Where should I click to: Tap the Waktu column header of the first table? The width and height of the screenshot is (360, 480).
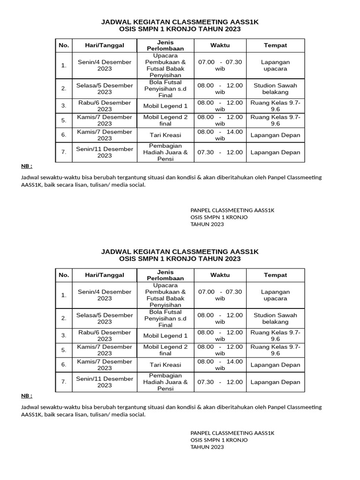220,45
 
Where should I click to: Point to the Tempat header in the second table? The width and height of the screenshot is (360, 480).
275,275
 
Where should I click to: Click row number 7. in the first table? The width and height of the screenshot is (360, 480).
63,152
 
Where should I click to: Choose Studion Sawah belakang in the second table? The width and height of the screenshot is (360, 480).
275,319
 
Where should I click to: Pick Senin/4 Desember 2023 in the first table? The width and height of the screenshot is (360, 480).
105,65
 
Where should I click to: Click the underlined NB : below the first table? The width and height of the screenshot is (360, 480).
27,166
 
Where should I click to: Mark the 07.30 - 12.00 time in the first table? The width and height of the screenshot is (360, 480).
220,152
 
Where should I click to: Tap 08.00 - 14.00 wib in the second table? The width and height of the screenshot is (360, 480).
220,365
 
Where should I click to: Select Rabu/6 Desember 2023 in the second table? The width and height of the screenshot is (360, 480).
105,336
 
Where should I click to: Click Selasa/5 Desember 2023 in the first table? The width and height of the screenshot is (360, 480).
105,89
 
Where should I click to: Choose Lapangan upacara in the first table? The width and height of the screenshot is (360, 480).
275,65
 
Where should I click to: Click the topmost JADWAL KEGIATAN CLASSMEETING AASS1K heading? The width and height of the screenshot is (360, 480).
180,22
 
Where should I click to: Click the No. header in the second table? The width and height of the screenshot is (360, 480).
63,275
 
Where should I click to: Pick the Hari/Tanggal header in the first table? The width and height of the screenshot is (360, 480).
105,45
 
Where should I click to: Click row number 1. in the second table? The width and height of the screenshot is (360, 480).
63,295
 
